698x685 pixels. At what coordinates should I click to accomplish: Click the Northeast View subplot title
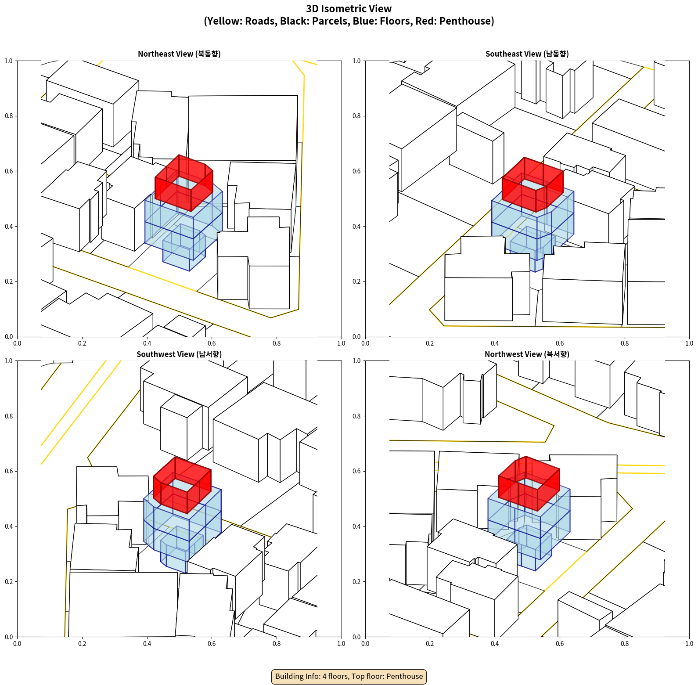pyautogui.click(x=179, y=54)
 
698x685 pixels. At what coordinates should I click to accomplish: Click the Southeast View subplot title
pyautogui.click(x=527, y=54)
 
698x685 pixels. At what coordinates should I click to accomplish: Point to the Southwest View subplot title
pyautogui.click(x=179, y=354)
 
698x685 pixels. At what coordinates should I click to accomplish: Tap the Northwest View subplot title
pyautogui.click(x=527, y=354)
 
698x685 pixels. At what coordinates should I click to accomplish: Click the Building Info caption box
pyautogui.click(x=349, y=676)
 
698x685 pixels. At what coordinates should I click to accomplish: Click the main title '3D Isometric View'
pyautogui.click(x=349, y=9)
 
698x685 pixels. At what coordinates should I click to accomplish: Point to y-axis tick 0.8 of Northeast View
pyautogui.click(x=9, y=116)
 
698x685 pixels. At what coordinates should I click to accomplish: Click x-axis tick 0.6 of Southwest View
pyautogui.click(x=212, y=644)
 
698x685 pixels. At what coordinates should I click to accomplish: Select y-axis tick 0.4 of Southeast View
pyautogui.click(x=356, y=226)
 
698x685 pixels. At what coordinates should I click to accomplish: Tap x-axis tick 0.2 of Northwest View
pyautogui.click(x=430, y=644)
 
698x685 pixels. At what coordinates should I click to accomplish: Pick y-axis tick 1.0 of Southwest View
pyautogui.click(x=9, y=361)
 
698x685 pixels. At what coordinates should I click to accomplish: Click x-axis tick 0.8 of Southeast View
pyautogui.click(x=625, y=343)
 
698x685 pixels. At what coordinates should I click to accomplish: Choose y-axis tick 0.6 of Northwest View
pyautogui.click(x=356, y=471)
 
